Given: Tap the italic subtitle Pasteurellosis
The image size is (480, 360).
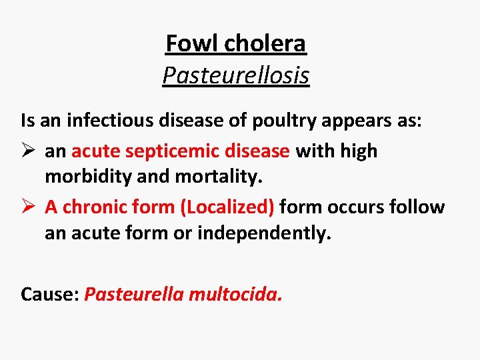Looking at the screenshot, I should (236, 75).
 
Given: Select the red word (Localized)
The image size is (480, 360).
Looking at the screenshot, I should (227, 207).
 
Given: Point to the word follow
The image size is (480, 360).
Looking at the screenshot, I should (418, 207).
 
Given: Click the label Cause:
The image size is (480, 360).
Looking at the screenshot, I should (50, 293).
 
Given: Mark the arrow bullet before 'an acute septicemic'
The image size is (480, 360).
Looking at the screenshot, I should (28, 151).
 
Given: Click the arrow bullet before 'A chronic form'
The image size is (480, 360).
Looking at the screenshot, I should (28, 207).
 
